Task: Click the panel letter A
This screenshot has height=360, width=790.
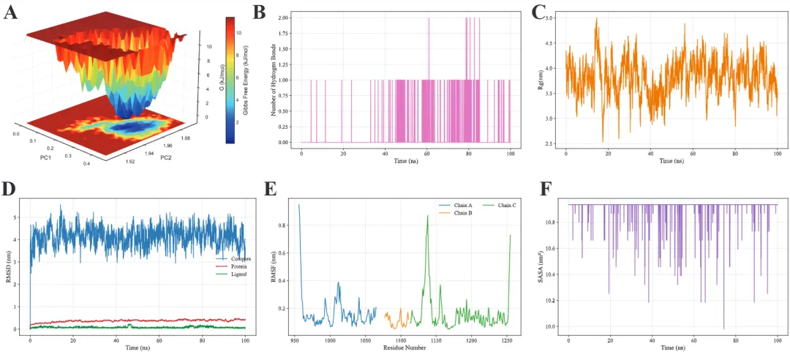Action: click(x=11, y=12)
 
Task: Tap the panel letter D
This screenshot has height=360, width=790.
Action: click(x=10, y=188)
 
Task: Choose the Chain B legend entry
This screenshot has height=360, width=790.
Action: click(x=463, y=213)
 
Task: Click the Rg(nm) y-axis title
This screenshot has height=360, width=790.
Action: click(x=538, y=78)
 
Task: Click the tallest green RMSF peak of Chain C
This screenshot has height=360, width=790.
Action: click(x=427, y=216)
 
